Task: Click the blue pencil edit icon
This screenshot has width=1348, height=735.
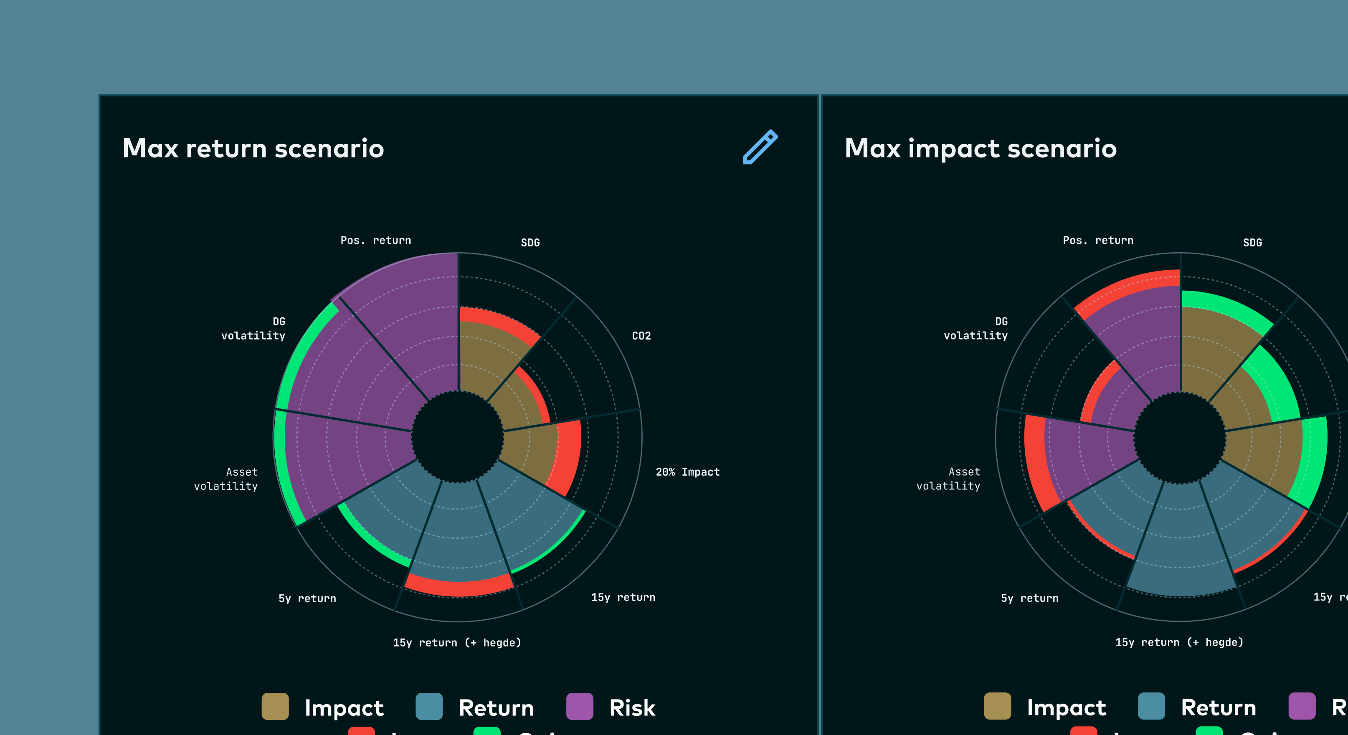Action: [760, 147]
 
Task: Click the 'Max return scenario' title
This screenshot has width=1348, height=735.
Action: [253, 148]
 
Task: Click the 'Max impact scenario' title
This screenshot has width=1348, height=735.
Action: [980, 148]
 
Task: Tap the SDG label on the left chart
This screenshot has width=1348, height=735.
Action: [530, 242]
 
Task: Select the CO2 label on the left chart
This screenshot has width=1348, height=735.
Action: [641, 336]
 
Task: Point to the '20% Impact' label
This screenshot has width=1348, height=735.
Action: [687, 472]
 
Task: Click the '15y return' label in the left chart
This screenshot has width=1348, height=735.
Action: [623, 598]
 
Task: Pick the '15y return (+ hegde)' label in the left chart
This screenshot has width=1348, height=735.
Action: [457, 642]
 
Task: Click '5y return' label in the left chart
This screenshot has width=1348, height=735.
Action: [307, 598]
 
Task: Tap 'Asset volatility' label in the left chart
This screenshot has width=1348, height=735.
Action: [226, 479]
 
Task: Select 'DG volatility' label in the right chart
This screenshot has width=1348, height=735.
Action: [976, 329]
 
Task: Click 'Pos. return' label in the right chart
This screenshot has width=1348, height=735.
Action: [1098, 240]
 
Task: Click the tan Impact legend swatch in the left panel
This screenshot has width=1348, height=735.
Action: [275, 706]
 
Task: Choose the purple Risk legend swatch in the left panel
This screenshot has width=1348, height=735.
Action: [579, 706]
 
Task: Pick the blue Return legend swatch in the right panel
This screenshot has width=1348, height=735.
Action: [1151, 706]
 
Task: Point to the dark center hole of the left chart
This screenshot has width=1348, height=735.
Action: [457, 437]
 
